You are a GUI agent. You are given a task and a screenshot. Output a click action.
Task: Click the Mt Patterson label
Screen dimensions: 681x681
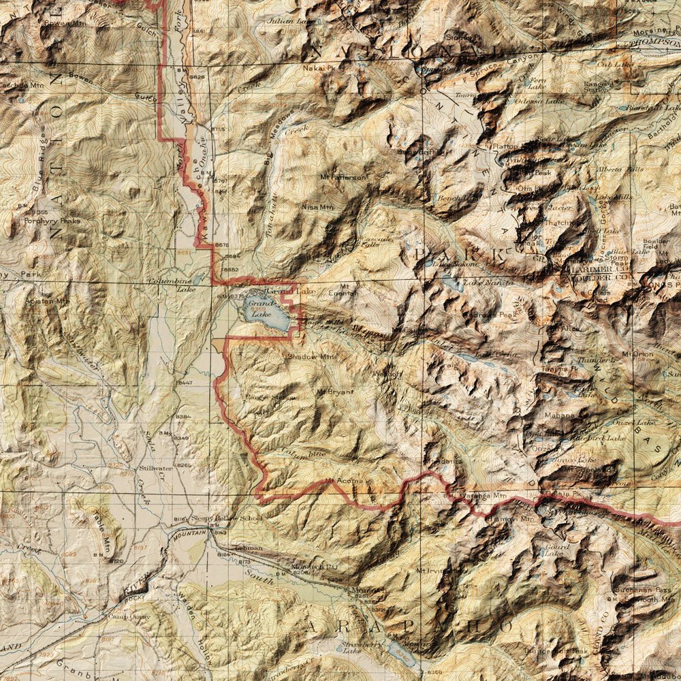pyautogui.click(x=343, y=177)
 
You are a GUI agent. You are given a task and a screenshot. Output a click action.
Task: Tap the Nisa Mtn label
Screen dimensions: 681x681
pyautogui.click(x=318, y=206)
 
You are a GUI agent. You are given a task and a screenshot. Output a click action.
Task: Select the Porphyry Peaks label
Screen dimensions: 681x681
pyautogui.click(x=52, y=221)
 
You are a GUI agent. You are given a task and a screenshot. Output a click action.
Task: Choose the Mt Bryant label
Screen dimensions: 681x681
pyautogui.click(x=335, y=392)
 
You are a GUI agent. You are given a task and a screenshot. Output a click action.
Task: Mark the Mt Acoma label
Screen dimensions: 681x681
pyautogui.click(x=341, y=481)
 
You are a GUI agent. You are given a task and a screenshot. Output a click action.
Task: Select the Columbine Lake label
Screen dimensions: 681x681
pyautogui.click(x=176, y=284)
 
